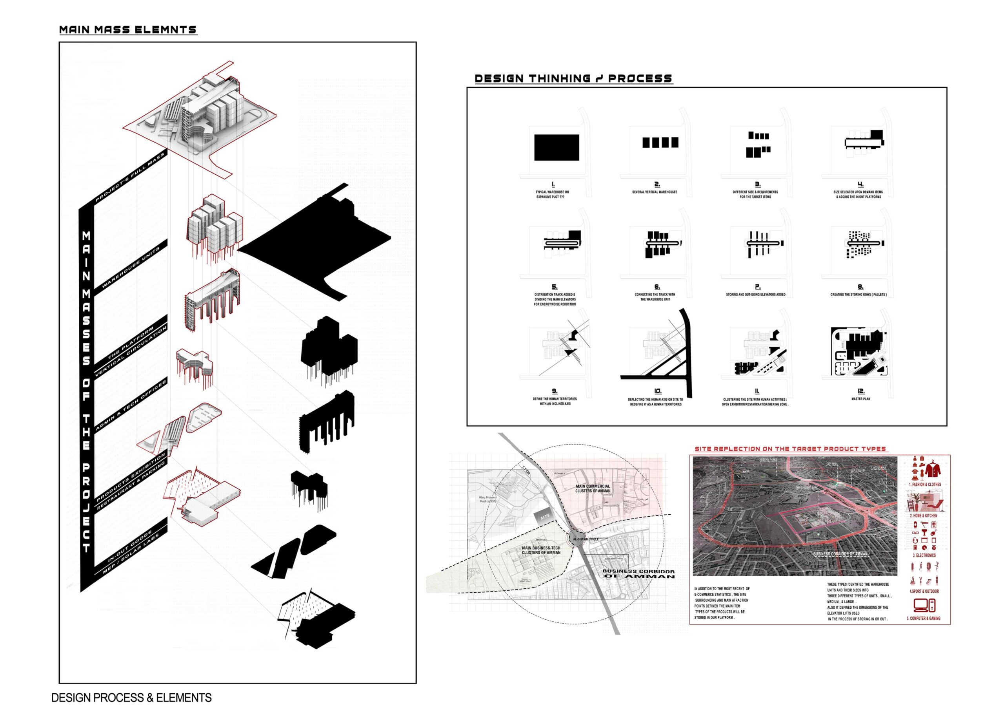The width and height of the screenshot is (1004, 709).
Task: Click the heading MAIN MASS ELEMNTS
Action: point(128,30)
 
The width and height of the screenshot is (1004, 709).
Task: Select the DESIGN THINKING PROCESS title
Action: point(573,79)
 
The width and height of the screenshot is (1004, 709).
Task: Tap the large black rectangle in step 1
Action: point(557,148)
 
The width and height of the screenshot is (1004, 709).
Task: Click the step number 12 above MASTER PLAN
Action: point(860,391)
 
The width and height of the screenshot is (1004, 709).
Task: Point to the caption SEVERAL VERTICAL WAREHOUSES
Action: point(655,192)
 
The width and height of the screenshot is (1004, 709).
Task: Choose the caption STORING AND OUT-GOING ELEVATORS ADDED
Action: point(756,295)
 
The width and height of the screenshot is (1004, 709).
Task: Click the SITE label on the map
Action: point(545,517)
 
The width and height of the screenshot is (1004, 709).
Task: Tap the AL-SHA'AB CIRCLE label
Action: point(586,539)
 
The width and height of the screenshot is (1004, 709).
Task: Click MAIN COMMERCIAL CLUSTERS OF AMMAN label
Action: point(593,488)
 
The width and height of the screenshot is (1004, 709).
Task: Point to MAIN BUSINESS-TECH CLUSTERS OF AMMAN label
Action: point(541,550)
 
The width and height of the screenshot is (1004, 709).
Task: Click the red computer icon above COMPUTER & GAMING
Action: point(924,606)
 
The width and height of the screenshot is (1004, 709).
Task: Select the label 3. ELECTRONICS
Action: point(924,555)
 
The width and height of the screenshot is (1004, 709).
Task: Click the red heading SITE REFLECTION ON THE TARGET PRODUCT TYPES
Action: point(790,449)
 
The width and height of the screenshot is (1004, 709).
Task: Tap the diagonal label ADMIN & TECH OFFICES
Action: point(131,405)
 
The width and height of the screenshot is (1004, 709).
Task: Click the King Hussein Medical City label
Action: point(488,499)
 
